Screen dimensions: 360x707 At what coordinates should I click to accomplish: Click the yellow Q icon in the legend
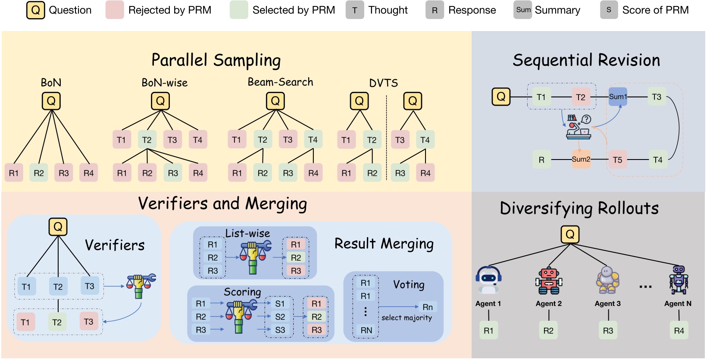35,10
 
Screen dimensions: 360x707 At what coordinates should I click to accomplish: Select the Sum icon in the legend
523,10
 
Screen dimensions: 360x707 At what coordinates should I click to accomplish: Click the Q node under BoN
51,101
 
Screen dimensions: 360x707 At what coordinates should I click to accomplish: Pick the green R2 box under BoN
39,173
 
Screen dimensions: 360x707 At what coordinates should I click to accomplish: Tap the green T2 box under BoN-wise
147,140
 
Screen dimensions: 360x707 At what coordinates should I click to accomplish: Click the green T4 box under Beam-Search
313,139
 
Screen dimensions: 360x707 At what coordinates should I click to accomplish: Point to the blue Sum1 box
617,97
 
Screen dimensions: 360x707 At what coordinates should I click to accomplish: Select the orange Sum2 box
581,160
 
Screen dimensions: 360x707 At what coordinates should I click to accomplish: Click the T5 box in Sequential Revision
617,160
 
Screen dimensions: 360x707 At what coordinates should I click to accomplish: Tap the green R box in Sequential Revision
541,160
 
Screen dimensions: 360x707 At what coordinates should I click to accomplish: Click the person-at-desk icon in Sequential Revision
579,127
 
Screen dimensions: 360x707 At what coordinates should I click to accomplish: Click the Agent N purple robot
679,280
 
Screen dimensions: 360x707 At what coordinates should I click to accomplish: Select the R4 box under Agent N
679,331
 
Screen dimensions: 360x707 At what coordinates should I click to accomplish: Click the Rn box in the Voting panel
427,307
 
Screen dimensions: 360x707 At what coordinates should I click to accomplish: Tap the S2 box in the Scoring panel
280,317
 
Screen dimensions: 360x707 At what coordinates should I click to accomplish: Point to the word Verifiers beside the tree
115,245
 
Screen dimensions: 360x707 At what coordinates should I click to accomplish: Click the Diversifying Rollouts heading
579,208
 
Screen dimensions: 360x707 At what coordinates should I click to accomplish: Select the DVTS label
383,83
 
